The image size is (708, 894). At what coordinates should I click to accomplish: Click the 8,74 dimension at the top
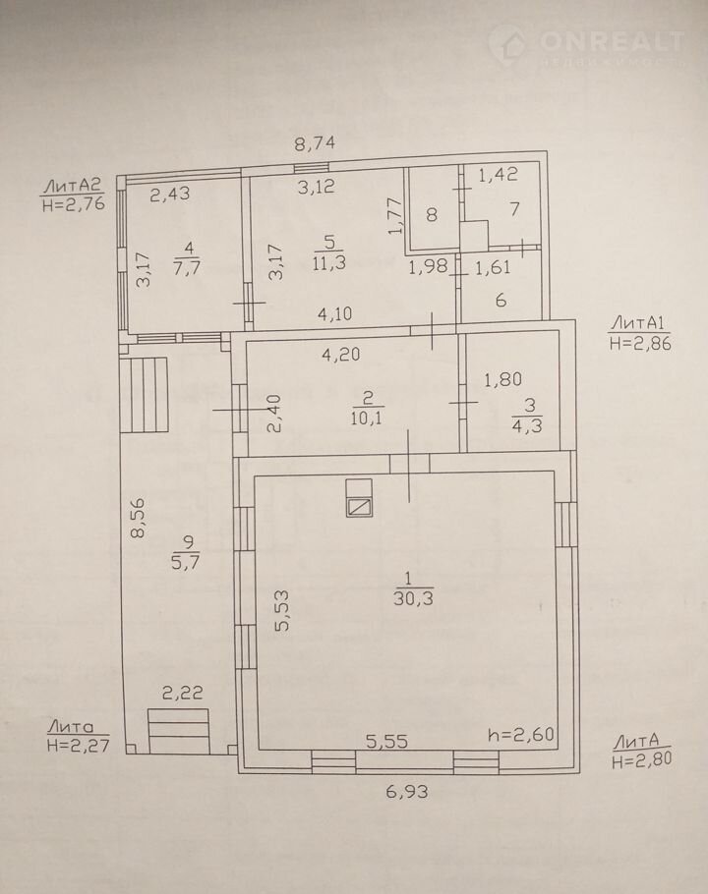[315, 142]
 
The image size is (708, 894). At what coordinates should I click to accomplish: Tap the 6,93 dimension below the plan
[407, 792]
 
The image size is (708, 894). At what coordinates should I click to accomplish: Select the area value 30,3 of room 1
[413, 598]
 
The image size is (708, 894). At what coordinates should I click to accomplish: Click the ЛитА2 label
[73, 186]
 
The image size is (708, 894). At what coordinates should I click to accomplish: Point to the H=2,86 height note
[640, 343]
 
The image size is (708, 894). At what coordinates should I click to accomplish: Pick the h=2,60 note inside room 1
[521, 735]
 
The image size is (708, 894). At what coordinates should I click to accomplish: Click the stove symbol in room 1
[360, 498]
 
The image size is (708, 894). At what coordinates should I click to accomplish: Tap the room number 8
[432, 215]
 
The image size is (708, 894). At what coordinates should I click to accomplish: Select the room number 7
[514, 209]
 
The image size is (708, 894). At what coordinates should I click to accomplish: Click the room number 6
[501, 300]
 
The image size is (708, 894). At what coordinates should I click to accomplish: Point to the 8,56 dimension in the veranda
[138, 518]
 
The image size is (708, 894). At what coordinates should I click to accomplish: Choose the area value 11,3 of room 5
[328, 263]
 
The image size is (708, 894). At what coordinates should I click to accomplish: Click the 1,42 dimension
[498, 175]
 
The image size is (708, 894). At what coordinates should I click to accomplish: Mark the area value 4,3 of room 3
[527, 426]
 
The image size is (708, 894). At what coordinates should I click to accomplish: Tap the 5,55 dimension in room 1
[386, 742]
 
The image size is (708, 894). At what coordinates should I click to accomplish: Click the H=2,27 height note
[78, 746]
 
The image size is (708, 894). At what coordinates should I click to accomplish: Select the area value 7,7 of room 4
[188, 267]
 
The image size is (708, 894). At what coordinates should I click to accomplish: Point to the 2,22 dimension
[183, 693]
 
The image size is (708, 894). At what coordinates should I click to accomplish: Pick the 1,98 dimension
[428, 267]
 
